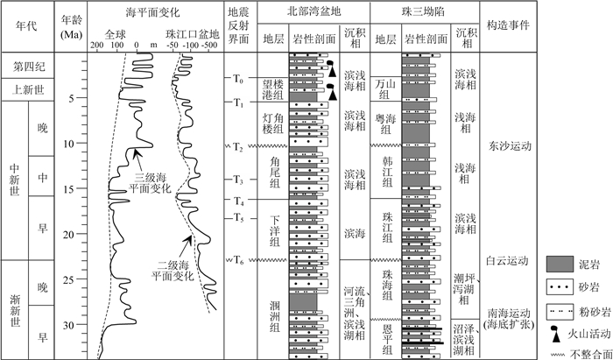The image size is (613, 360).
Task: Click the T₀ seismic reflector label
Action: click(x=238, y=79)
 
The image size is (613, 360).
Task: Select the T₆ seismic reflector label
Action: click(x=238, y=259)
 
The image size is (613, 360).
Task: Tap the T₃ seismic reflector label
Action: click(x=238, y=180)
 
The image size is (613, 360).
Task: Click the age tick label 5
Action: click(x=70, y=98)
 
